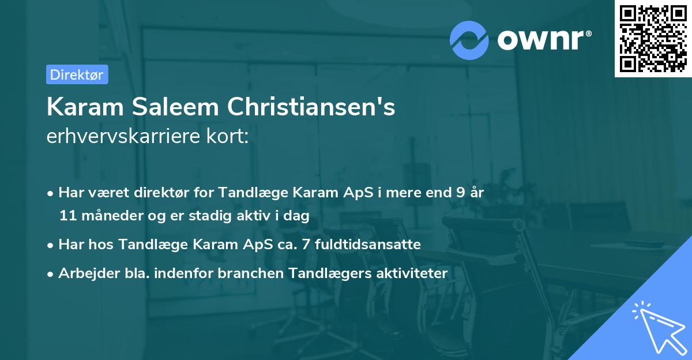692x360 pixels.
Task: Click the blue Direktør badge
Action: coord(77,74)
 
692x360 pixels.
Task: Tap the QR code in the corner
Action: coord(652,38)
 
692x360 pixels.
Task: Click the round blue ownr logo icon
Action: coord(469,39)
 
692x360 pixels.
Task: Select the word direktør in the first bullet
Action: coord(148,193)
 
